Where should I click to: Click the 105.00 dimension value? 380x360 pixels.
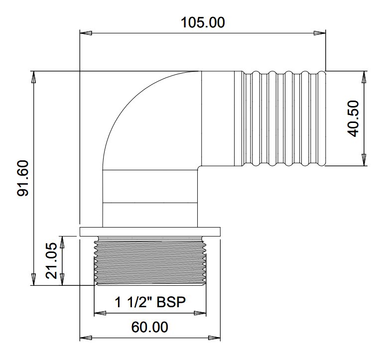203,22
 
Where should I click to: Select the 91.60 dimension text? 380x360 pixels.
24,178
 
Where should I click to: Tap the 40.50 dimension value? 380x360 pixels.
353,120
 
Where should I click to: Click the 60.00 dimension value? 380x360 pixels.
149,327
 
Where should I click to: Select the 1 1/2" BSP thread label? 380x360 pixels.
150,302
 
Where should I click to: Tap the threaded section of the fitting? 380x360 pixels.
150,261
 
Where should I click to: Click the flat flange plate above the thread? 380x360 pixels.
150,232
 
